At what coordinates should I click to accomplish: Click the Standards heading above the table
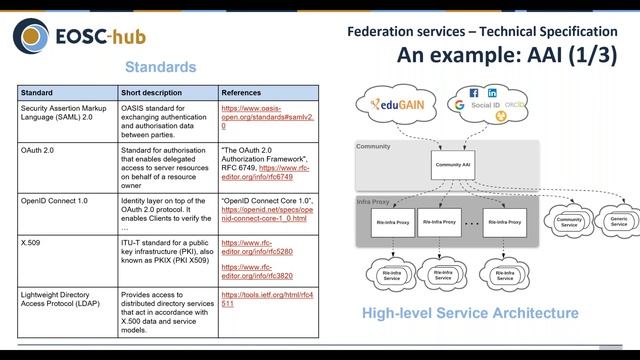(x=160, y=68)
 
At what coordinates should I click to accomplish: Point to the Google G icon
(x=459, y=104)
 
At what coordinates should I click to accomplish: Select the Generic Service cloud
(x=619, y=221)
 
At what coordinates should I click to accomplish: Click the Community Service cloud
(x=568, y=221)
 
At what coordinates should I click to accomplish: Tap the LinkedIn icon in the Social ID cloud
(x=491, y=93)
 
